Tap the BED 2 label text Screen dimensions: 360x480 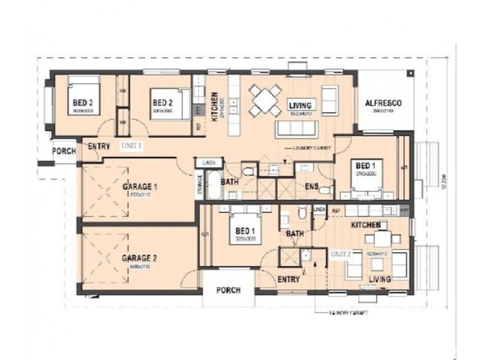point(162,102)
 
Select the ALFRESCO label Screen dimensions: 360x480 point(383,103)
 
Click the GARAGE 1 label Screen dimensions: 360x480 point(140,187)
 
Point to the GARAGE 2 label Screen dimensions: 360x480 point(139,259)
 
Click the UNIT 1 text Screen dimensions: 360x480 point(131,146)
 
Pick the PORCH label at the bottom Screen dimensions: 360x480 point(228,290)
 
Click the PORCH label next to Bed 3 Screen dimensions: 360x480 point(64,151)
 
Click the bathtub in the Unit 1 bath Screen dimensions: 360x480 point(212,184)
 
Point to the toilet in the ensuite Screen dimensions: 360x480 point(325,190)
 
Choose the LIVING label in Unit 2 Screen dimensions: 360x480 point(380,280)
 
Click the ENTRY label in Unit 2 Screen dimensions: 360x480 point(289,279)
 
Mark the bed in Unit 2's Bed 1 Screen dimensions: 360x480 point(245,225)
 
